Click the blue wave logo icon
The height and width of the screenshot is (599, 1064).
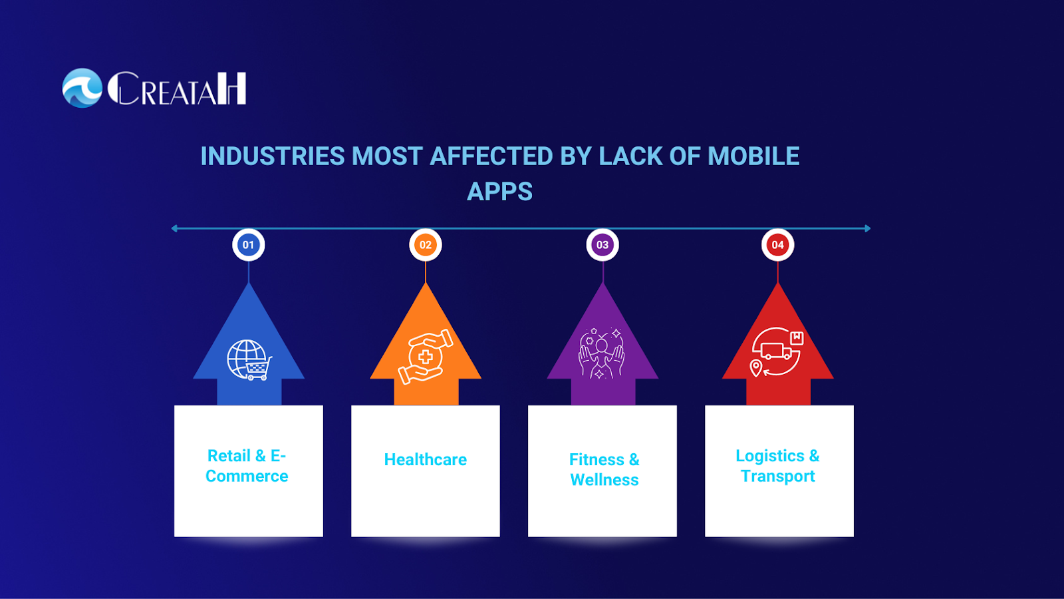point(82,88)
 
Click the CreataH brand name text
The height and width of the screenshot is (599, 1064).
point(178,89)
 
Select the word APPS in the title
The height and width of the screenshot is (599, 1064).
point(499,192)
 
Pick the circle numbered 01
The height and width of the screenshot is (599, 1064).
point(248,245)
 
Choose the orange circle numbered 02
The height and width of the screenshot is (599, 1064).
point(426,245)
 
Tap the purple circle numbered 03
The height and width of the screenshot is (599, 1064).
point(602,245)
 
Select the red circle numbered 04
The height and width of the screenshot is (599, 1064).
point(777,245)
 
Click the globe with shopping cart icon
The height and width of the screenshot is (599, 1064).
point(249,360)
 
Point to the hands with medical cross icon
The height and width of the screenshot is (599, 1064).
point(426,357)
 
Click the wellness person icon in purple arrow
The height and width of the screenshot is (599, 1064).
point(601,353)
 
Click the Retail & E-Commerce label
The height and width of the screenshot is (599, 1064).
point(247,466)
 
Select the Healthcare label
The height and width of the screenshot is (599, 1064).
point(426,459)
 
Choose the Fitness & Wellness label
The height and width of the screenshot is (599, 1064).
point(604,469)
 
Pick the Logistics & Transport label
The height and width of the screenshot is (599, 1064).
point(777,466)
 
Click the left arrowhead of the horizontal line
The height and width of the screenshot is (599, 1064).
point(174,228)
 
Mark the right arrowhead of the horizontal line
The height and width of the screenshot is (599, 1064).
point(867,228)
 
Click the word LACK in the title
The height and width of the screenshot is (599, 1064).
point(630,156)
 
